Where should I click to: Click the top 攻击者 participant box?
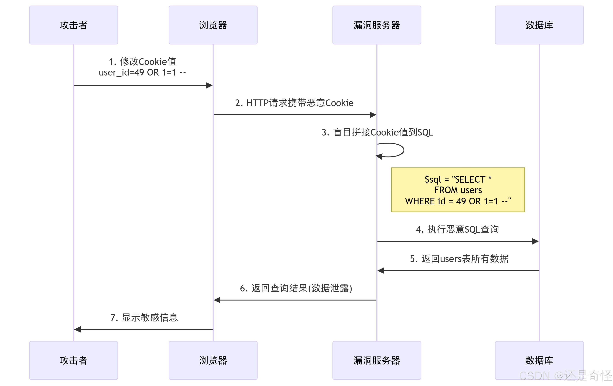click(73, 25)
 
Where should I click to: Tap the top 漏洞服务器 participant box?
click(376, 25)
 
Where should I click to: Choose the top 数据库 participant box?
click(539, 25)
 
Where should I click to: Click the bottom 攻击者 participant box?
click(73, 360)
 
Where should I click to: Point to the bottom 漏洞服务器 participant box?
click(376, 360)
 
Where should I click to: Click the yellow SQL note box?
click(458, 190)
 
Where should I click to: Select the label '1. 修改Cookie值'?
click(143, 62)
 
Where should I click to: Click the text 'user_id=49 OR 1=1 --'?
click(142, 73)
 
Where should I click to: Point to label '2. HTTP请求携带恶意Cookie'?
click(294, 103)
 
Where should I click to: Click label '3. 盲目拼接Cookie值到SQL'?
click(377, 132)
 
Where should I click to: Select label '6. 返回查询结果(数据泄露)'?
click(296, 288)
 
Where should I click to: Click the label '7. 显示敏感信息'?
click(144, 318)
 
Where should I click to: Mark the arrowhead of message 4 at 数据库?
click(536, 241)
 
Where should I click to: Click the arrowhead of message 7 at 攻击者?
click(77, 330)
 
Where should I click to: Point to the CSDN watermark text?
click(565, 376)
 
